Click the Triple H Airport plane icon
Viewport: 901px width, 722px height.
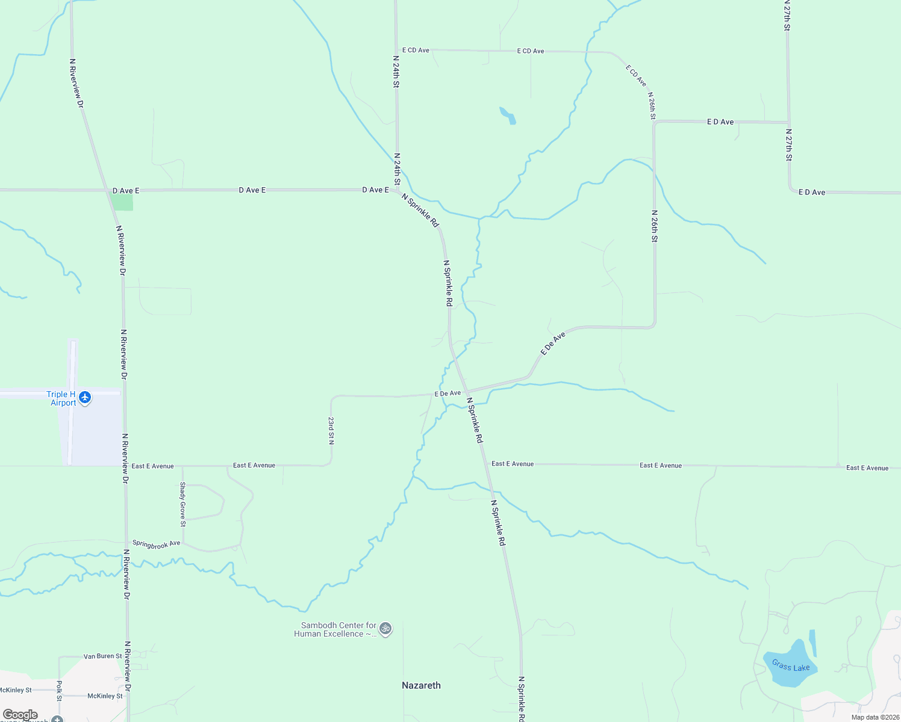coord(85,397)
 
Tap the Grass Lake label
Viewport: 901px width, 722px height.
coord(790,666)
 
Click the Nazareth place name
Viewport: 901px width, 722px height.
coord(421,685)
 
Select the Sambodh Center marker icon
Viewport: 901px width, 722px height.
coord(385,629)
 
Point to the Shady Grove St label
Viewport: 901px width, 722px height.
coord(182,504)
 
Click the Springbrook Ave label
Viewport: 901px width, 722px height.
coord(156,544)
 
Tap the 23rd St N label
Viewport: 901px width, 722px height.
coord(331,430)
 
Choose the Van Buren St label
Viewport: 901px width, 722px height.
coord(102,656)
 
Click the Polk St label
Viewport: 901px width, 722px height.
coord(59,691)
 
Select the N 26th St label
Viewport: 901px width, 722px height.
coord(654,226)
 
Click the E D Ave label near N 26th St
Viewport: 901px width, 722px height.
coord(720,122)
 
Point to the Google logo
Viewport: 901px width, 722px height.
coord(20,715)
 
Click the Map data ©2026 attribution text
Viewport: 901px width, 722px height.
coord(874,717)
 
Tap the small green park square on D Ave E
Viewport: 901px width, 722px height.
coord(123,203)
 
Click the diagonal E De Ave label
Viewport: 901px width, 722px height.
coord(553,343)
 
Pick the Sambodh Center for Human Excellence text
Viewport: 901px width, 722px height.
coord(335,629)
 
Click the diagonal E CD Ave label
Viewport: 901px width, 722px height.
coord(635,76)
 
